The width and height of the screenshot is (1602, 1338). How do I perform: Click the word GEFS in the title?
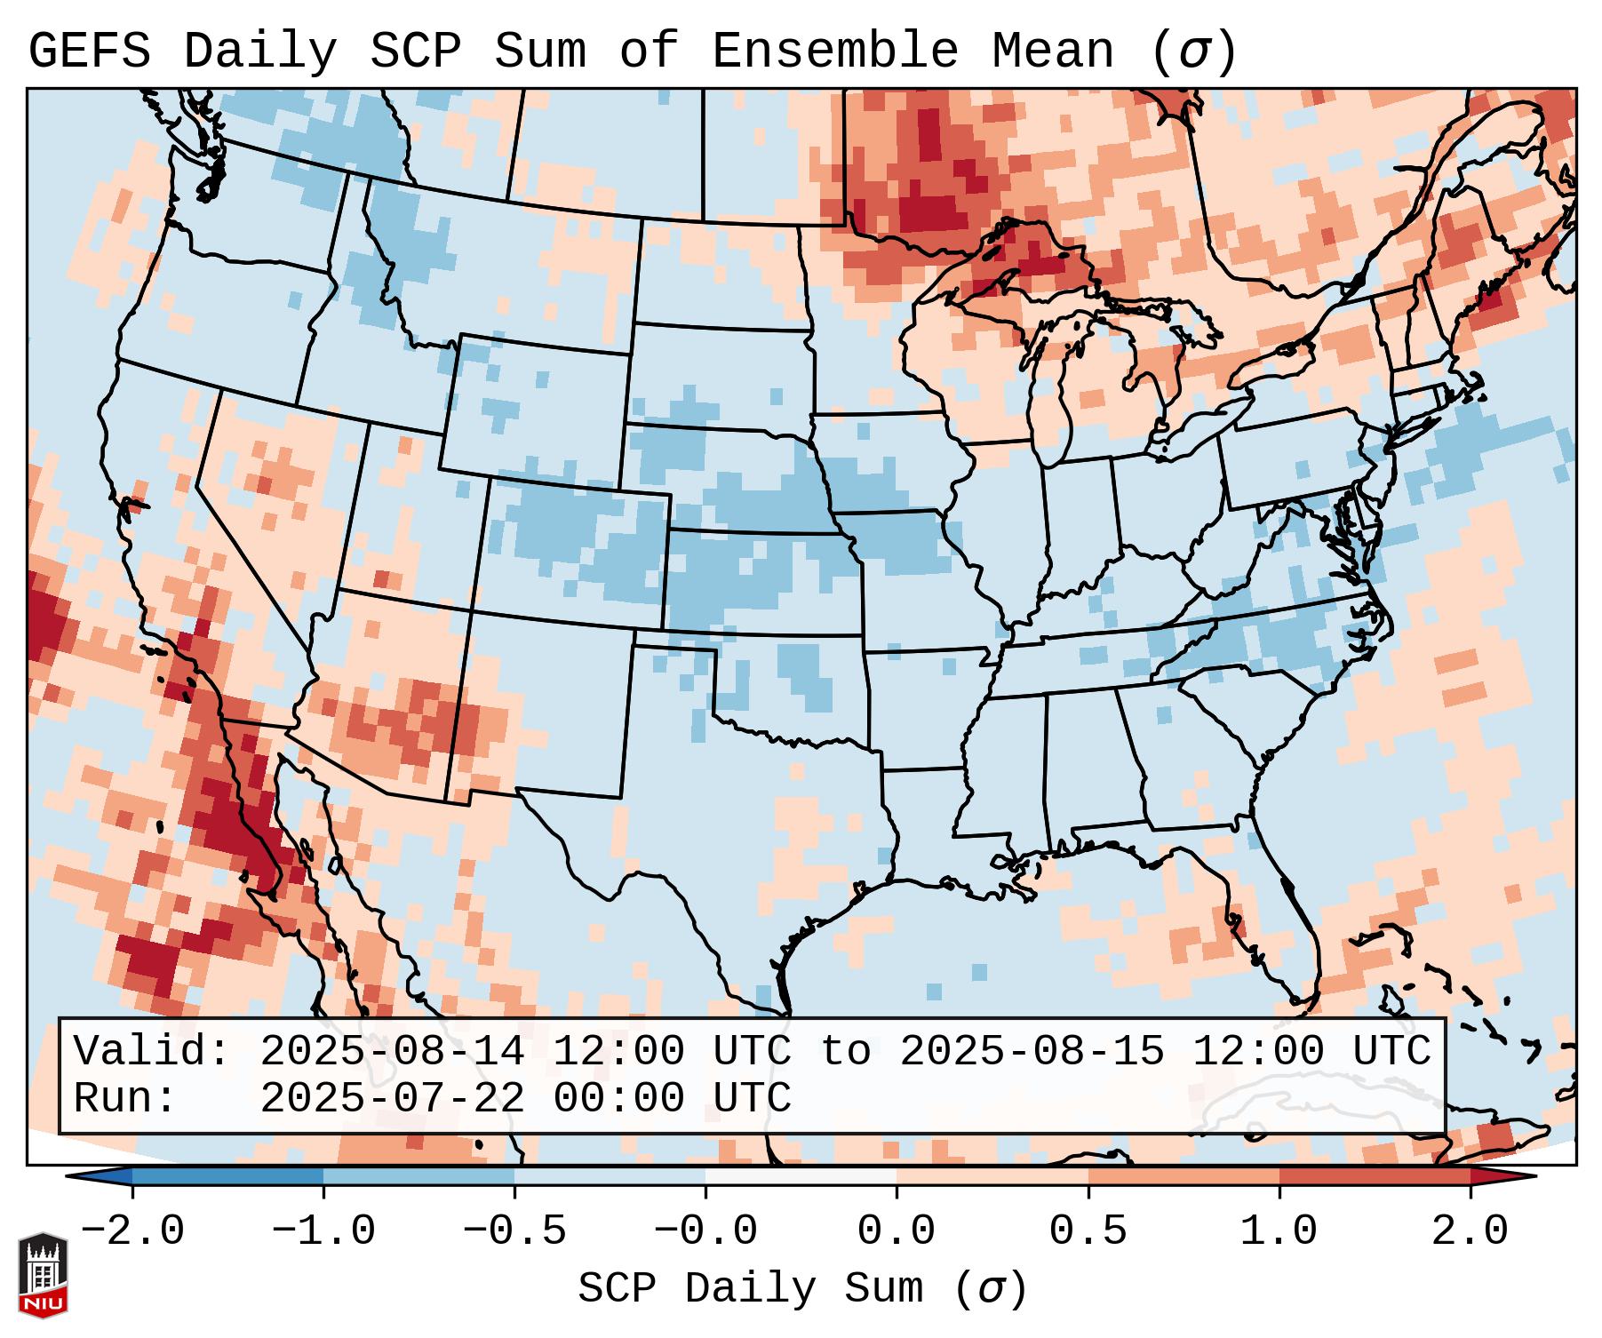89,52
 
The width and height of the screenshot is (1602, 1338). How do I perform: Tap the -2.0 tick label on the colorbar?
132,1231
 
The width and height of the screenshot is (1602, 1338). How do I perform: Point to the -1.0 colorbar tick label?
323,1231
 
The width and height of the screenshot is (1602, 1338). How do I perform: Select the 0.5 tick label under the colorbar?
1088,1231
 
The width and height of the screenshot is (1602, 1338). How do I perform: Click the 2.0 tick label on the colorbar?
1470,1231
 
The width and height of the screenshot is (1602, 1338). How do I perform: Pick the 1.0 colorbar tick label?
1279,1231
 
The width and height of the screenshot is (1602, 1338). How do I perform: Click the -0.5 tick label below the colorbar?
514,1231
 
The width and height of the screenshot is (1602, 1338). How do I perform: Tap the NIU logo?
43,1275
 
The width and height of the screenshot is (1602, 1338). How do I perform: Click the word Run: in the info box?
125,1098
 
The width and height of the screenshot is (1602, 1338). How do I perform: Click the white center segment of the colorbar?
801,1176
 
